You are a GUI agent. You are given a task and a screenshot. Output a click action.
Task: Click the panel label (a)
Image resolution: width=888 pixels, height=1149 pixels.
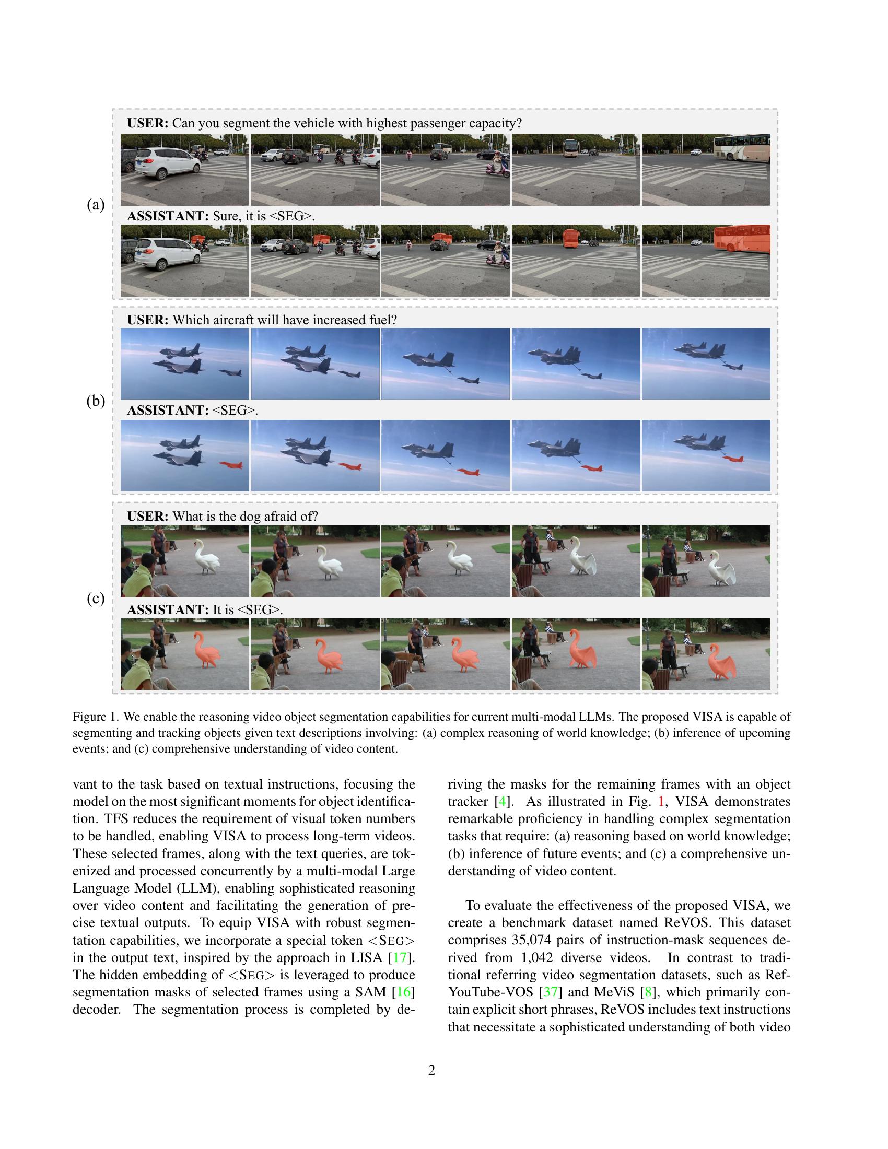pyautogui.click(x=95, y=205)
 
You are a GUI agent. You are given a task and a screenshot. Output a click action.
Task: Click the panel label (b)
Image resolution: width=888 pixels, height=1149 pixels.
pyautogui.click(x=95, y=401)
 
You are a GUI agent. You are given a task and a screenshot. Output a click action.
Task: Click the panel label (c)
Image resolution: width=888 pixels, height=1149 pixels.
pyautogui.click(x=95, y=598)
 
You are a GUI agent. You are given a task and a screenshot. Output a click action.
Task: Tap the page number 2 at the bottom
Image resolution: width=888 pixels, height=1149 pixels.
pyautogui.click(x=432, y=1070)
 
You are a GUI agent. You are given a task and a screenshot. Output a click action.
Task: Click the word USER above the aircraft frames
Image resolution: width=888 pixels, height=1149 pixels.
pyautogui.click(x=148, y=320)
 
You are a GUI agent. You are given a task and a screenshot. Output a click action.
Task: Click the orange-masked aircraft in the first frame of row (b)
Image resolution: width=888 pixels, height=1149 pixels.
pyautogui.click(x=230, y=465)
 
